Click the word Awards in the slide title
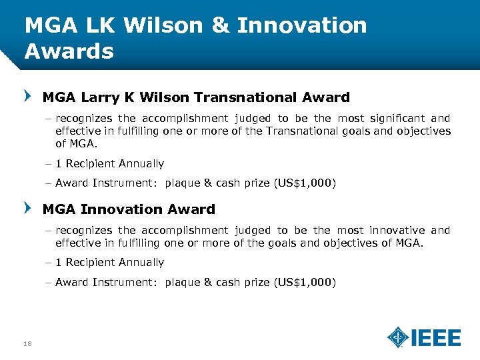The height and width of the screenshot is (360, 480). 69,51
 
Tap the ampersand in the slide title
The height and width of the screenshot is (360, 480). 221,25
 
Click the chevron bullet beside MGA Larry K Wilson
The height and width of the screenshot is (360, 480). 27,97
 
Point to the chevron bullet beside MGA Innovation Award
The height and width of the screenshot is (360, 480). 27,209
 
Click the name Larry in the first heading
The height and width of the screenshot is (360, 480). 99,97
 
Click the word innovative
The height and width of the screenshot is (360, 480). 397,231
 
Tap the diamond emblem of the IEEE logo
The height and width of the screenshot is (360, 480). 398,337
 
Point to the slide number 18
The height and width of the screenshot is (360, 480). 27,343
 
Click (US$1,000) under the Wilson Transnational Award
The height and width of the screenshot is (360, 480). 305,183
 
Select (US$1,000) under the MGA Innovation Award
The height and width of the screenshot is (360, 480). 305,283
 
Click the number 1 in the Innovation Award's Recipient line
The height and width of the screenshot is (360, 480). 59,263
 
